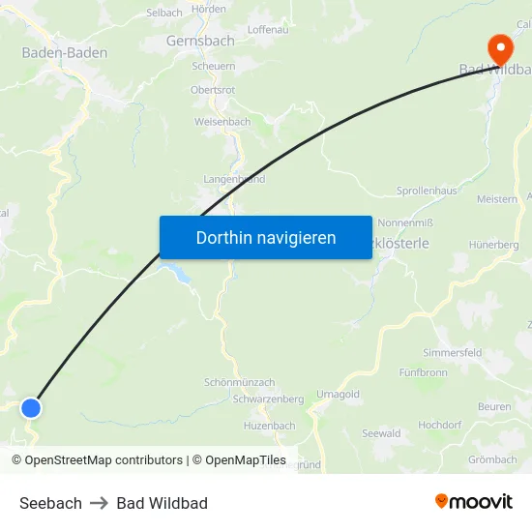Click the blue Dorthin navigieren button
pos(266,238)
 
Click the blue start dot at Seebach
pos(31,407)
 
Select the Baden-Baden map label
pos(65,52)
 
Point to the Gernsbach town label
pos(200,42)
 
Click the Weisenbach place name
pos(222,122)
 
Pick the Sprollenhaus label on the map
pos(427,192)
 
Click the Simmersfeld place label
pos(452,353)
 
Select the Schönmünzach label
pos(240,383)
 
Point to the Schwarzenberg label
pos(268,399)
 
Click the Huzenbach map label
pos(269,426)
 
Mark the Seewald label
pos(381,433)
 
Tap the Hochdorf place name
pos(439,425)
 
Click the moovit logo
pos(474,502)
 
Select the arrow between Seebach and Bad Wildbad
pos(100,503)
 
